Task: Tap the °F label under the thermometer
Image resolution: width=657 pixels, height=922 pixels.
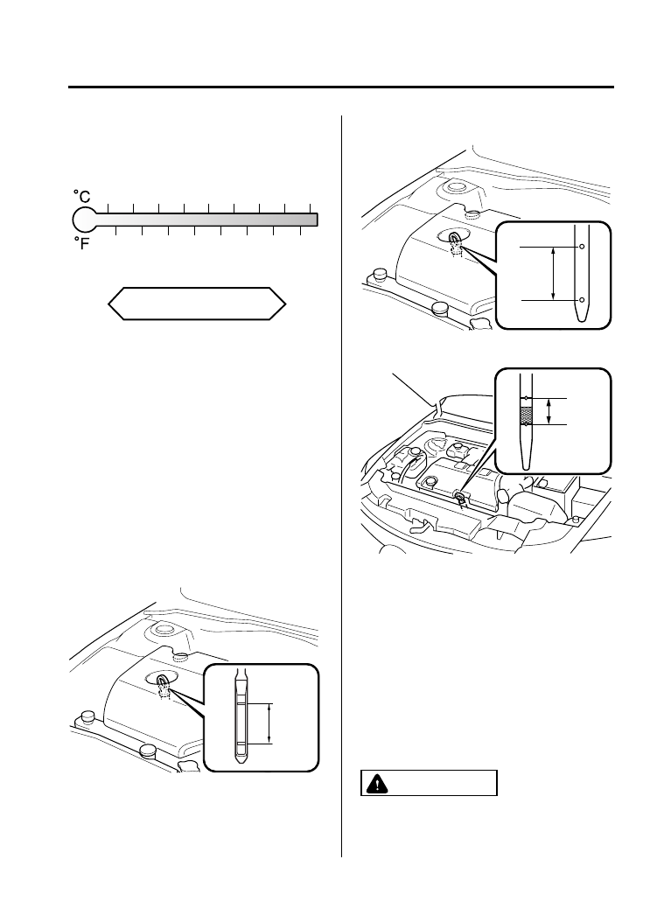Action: coord(80,244)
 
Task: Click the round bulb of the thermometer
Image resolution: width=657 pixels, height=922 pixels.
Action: coord(83,220)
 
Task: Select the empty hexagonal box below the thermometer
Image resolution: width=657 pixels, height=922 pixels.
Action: coord(197,304)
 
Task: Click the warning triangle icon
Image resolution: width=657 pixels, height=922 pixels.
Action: coord(374,784)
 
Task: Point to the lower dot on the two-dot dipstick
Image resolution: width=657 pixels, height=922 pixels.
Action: coord(581,300)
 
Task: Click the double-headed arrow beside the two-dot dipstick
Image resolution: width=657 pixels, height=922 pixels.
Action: coord(553,274)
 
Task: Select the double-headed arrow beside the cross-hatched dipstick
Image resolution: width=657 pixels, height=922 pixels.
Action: coord(549,411)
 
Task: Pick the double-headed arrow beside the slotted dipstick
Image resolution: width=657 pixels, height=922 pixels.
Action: coord(270,722)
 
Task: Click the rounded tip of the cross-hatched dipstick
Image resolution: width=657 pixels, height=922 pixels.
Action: coord(526,464)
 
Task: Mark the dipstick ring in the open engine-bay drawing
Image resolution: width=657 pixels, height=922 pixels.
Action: coord(459,496)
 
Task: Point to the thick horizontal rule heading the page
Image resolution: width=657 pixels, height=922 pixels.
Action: coord(341,87)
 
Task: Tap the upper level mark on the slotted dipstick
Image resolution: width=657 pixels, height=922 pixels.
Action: coord(241,702)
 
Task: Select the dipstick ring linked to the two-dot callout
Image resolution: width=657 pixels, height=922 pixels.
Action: coord(456,236)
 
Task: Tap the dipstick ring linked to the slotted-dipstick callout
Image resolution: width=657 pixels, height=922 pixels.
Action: coord(164,678)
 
